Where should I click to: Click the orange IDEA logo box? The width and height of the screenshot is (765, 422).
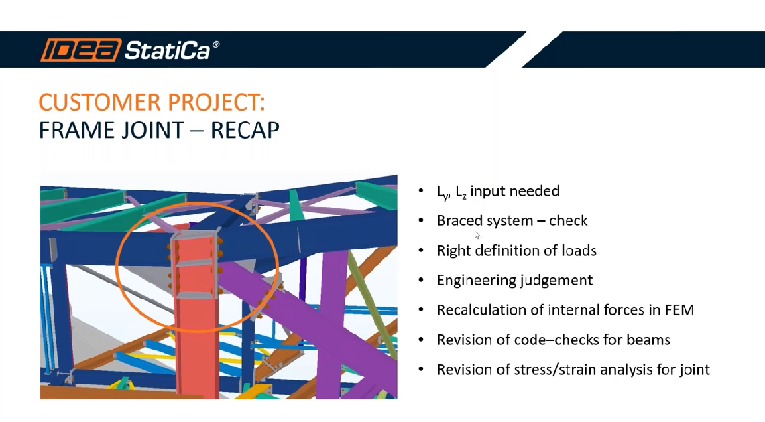(80, 50)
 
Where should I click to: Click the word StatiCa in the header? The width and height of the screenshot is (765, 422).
(168, 50)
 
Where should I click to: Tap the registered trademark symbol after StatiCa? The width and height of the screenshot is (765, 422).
(216, 44)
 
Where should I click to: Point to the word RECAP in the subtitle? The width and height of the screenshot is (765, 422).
(245, 130)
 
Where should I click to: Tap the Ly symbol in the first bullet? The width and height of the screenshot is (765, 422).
(443, 192)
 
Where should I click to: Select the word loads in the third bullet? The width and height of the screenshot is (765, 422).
(579, 251)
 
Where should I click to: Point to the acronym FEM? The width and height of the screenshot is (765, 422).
(679, 310)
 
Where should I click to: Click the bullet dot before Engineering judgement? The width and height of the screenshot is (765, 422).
(421, 280)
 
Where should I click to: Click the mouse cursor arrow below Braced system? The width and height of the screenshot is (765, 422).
(477, 235)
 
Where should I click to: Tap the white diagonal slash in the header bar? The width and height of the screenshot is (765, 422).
(524, 50)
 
